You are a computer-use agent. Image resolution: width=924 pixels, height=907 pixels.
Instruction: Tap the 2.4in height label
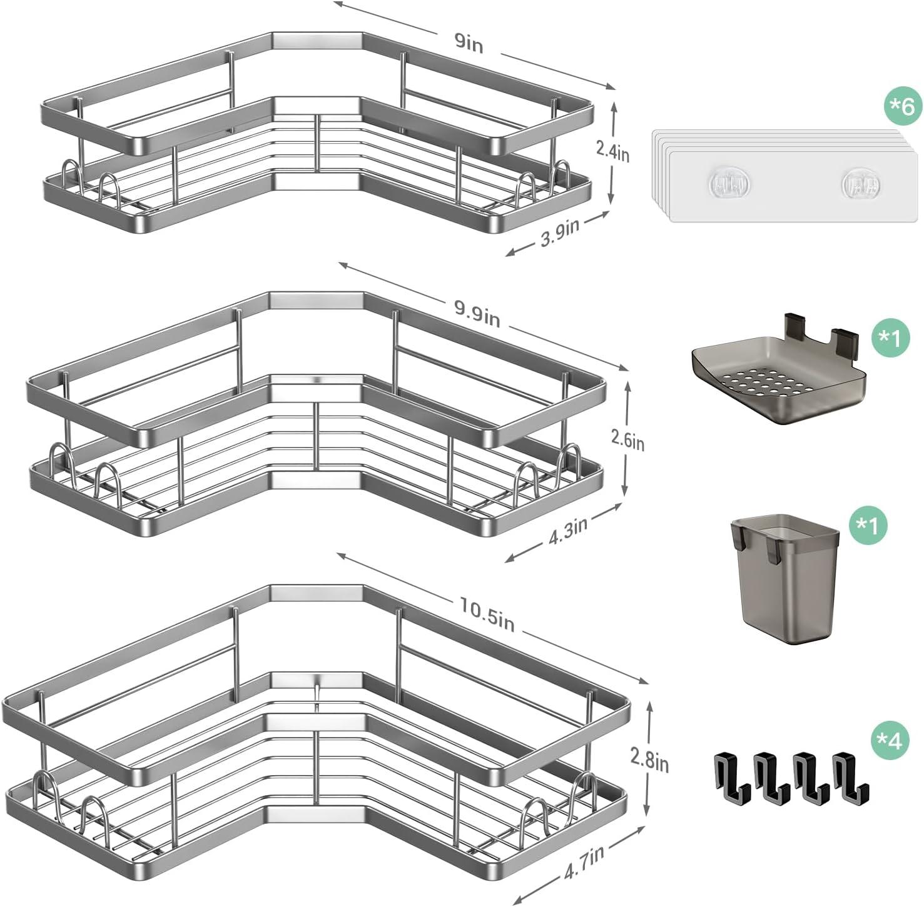612,151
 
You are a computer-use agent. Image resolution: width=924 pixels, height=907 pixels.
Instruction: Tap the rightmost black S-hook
850,777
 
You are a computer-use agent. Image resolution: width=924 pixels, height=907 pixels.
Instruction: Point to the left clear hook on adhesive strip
729,182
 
